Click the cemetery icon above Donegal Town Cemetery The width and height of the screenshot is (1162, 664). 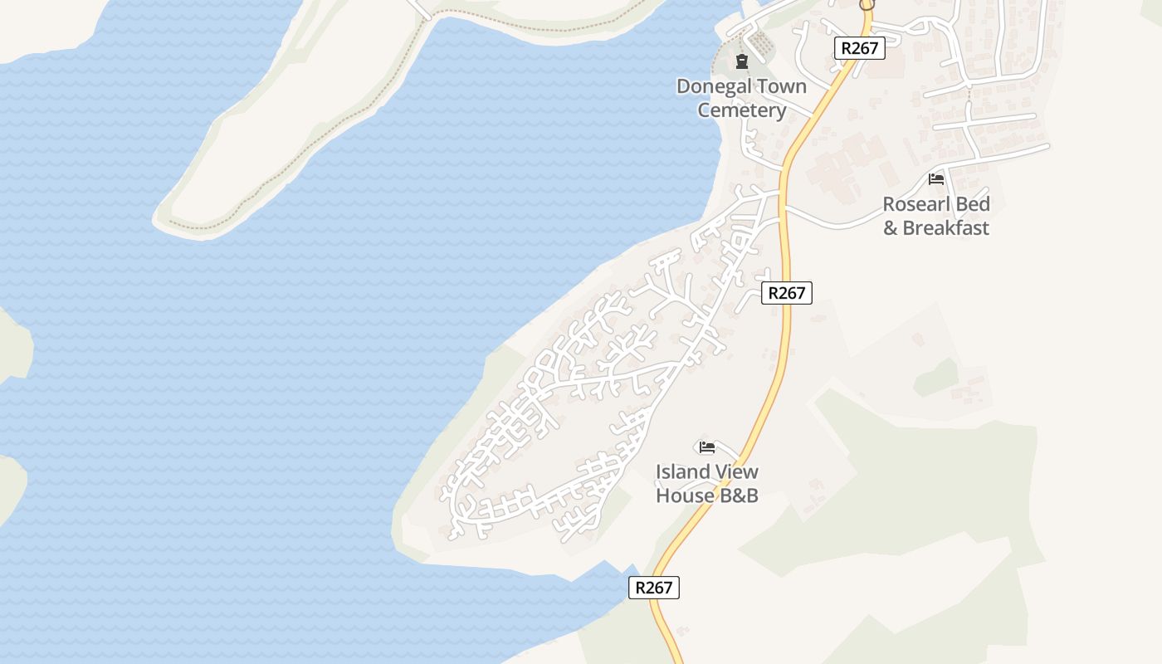[x=741, y=61]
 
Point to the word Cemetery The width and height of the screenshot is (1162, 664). [x=741, y=110]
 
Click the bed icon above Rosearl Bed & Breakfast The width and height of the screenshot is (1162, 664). [x=936, y=179]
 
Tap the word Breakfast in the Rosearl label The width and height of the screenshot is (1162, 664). [x=946, y=227]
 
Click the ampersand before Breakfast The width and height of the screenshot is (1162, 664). [x=891, y=227]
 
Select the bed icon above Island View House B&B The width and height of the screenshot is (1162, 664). [x=707, y=447]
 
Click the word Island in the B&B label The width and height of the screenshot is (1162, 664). [x=684, y=471]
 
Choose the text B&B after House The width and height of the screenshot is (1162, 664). [x=739, y=496]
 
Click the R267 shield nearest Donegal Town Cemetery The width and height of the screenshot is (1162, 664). [x=859, y=48]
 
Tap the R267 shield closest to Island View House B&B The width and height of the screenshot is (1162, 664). [x=653, y=588]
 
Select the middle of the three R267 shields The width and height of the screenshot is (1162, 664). [x=786, y=292]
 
